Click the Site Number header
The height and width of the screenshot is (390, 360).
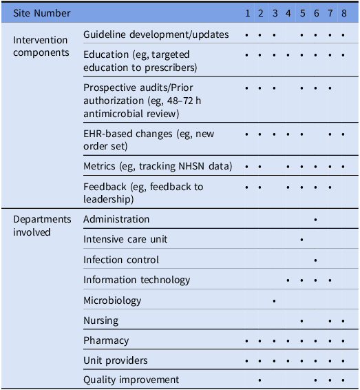pyautogui.click(x=42, y=13)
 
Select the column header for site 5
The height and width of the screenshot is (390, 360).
pyautogui.click(x=302, y=13)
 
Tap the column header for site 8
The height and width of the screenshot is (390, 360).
pyautogui.click(x=343, y=13)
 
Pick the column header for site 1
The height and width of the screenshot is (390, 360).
pyautogui.click(x=247, y=13)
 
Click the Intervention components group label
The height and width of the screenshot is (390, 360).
pyautogui.click(x=41, y=47)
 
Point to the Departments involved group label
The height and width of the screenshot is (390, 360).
pyautogui.click(x=42, y=225)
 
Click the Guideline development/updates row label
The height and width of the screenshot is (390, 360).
pyautogui.click(x=156, y=34)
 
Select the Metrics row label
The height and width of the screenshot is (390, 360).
pyautogui.click(x=158, y=166)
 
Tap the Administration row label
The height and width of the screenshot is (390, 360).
pyautogui.click(x=116, y=219)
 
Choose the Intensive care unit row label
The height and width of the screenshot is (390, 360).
pyautogui.click(x=125, y=239)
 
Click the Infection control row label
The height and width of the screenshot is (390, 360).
pyautogui.click(x=121, y=260)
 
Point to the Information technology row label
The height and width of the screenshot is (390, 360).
pyautogui.click(x=137, y=280)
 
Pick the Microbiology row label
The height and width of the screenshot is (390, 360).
pyautogui.click(x=112, y=300)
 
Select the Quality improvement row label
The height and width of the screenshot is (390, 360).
pyautogui.click(x=131, y=380)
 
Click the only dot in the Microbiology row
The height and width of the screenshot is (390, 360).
pyautogui.click(x=275, y=301)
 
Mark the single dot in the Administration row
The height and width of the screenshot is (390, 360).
pyautogui.click(x=315, y=220)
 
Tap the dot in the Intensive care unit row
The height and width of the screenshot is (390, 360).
pyautogui.click(x=302, y=240)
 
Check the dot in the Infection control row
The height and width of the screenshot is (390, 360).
pyautogui.click(x=315, y=260)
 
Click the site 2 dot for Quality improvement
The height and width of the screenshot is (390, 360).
pyautogui.click(x=260, y=380)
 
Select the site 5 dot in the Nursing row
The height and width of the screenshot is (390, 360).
pyautogui.click(x=302, y=321)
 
